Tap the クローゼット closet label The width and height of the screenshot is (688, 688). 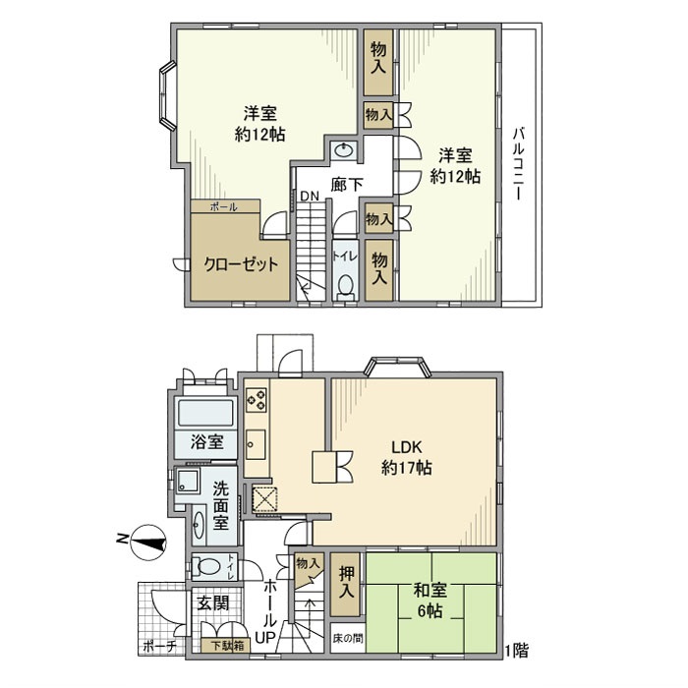[x=241, y=264]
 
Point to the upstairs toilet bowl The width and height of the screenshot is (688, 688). [x=345, y=285]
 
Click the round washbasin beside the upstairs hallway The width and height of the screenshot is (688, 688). [x=343, y=150]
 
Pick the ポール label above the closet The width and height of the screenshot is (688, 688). [x=223, y=206]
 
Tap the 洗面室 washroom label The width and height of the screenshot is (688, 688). [x=222, y=504]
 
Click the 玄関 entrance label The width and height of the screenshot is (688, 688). [x=206, y=603]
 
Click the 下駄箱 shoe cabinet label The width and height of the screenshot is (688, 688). [x=230, y=647]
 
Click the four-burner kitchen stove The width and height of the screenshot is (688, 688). [x=257, y=399]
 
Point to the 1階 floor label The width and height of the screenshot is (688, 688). [x=516, y=650]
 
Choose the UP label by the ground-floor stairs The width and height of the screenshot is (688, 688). [x=266, y=637]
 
